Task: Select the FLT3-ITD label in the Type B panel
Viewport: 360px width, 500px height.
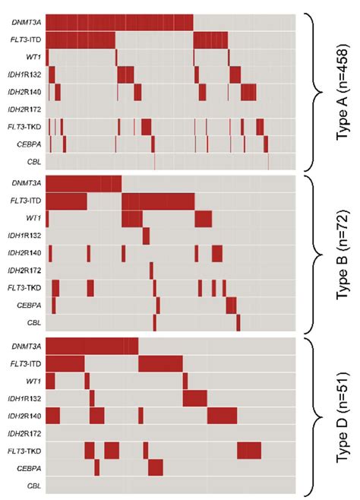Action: point(27,201)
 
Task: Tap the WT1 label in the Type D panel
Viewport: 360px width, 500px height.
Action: point(33,379)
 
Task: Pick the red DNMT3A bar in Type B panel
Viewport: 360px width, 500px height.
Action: point(84,183)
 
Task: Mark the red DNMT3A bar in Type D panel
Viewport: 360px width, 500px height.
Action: point(92,346)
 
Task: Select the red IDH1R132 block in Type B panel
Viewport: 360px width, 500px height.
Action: point(146,236)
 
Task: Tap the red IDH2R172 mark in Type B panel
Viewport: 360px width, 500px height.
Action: point(151,270)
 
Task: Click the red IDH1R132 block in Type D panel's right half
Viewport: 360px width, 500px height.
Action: point(194,397)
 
